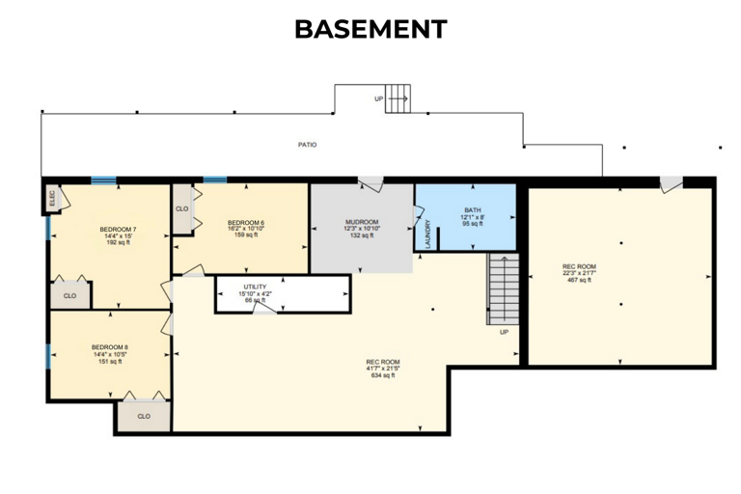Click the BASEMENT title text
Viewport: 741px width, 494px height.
370,29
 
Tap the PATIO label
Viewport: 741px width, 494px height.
307,145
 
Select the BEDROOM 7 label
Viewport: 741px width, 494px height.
118,230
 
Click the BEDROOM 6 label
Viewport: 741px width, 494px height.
246,223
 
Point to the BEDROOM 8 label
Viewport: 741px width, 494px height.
110,347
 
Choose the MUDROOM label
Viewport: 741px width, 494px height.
362,223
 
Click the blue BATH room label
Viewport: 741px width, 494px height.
473,210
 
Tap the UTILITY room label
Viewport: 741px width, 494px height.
255,287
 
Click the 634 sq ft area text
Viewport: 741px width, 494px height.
383,375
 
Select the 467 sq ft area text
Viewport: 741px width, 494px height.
580,280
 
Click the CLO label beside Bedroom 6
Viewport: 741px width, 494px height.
181,208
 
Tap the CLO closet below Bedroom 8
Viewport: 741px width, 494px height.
144,417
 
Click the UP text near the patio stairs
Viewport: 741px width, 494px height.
379,99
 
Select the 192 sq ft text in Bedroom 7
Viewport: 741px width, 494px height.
118,243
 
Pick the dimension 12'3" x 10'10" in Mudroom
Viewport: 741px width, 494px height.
362,229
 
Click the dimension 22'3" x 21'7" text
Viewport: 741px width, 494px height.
580,273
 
